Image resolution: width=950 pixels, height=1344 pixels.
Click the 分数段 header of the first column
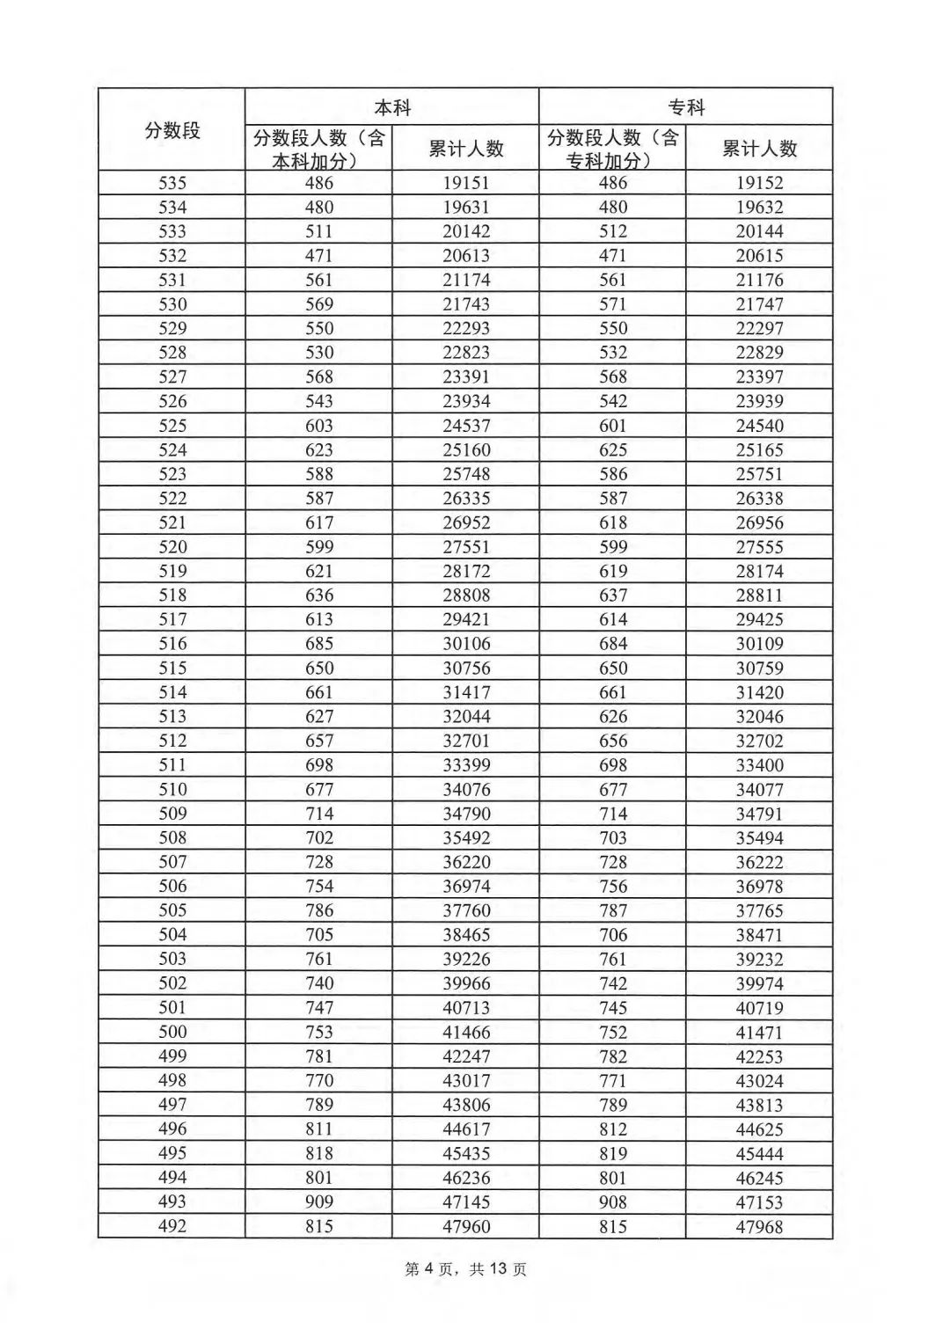pyautogui.click(x=172, y=130)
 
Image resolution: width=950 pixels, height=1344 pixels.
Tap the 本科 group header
pyautogui.click(x=392, y=107)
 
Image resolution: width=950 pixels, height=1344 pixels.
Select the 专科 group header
pyautogui.click(x=686, y=107)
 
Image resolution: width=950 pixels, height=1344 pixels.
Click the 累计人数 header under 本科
pyautogui.click(x=466, y=149)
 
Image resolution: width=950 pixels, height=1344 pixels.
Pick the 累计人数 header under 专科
pyautogui.click(x=759, y=149)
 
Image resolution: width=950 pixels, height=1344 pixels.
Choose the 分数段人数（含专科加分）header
pyautogui.click(x=613, y=149)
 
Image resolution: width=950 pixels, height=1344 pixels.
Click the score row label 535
pyautogui.click(x=172, y=183)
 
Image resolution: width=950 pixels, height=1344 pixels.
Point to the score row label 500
pyautogui.click(x=172, y=1032)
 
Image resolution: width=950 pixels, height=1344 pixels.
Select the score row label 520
pyautogui.click(x=172, y=546)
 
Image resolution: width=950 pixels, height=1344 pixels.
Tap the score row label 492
pyautogui.click(x=172, y=1226)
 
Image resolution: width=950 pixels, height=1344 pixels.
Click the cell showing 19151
pyautogui.click(x=466, y=183)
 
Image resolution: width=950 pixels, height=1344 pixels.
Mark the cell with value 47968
pyautogui.click(x=759, y=1226)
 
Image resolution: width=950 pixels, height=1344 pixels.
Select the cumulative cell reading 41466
pyautogui.click(x=466, y=1032)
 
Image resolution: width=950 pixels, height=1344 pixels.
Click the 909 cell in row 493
pyautogui.click(x=319, y=1202)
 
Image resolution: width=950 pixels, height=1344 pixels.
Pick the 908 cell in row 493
pyautogui.click(x=613, y=1202)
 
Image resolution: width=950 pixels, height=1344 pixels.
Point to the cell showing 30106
pyautogui.click(x=466, y=644)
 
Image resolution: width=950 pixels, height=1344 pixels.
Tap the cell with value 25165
pyautogui.click(x=759, y=449)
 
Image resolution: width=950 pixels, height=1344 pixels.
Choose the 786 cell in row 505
pyautogui.click(x=319, y=910)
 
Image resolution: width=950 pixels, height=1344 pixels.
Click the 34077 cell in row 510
pyautogui.click(x=759, y=789)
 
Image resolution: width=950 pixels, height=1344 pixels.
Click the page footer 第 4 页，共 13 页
pyautogui.click(x=466, y=1269)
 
